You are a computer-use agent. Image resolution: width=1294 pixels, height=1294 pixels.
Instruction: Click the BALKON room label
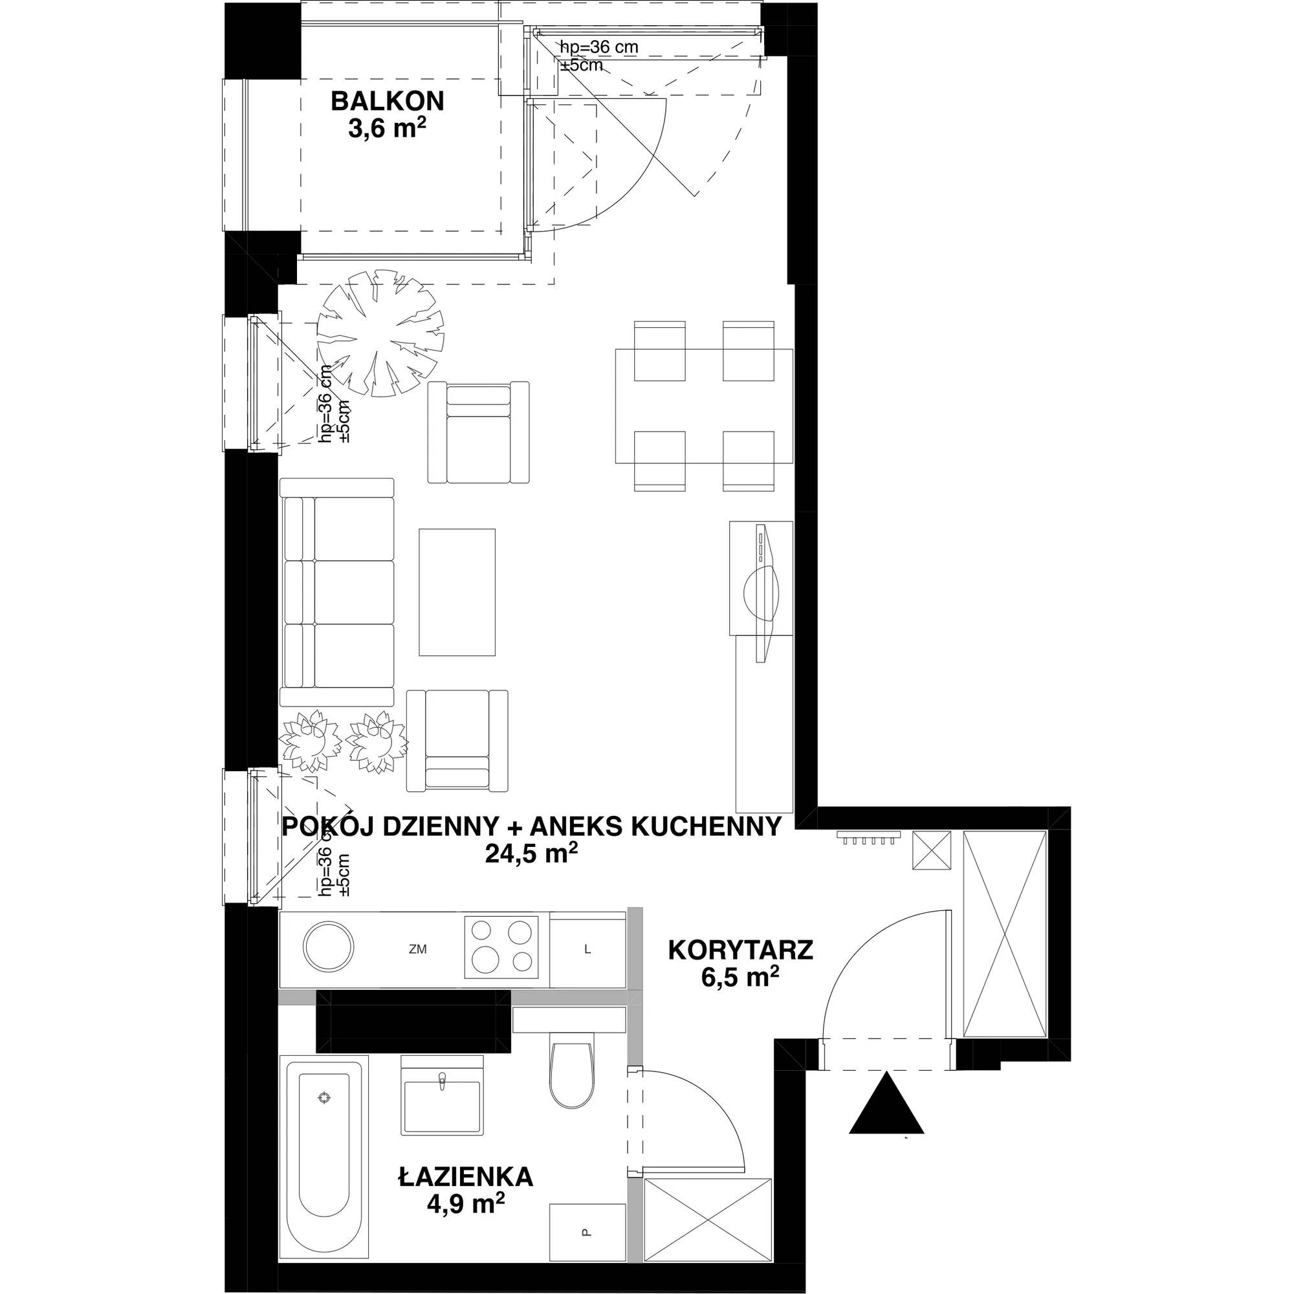387,101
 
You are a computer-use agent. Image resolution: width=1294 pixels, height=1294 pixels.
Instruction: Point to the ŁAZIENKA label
465,1177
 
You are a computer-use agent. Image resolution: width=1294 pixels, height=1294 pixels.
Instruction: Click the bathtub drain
324,1097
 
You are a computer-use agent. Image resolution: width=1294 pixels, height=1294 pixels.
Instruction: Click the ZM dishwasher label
418,949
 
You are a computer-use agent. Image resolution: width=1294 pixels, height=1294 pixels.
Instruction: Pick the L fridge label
587,949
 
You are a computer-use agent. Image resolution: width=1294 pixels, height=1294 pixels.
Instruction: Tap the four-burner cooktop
501,947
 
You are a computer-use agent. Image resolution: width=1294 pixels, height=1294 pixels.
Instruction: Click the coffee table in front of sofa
457,591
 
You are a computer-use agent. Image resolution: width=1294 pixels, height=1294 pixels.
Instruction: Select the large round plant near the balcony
379,333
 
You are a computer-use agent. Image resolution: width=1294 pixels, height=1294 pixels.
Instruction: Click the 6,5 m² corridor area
740,977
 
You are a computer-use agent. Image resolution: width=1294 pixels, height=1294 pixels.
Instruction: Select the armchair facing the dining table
478,432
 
